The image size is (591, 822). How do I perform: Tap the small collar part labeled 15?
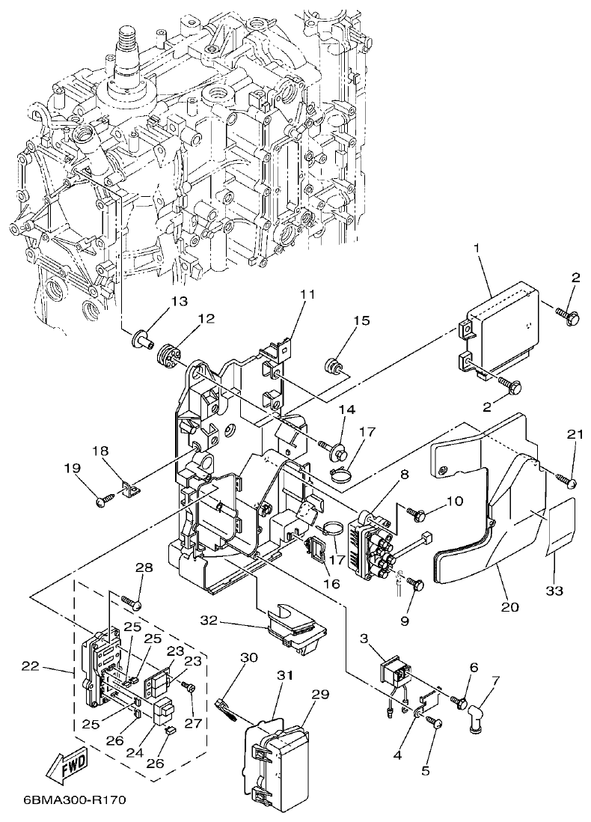(x=333, y=365)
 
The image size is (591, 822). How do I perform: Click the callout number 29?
(x=320, y=694)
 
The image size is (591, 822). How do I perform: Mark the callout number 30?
(x=249, y=657)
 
